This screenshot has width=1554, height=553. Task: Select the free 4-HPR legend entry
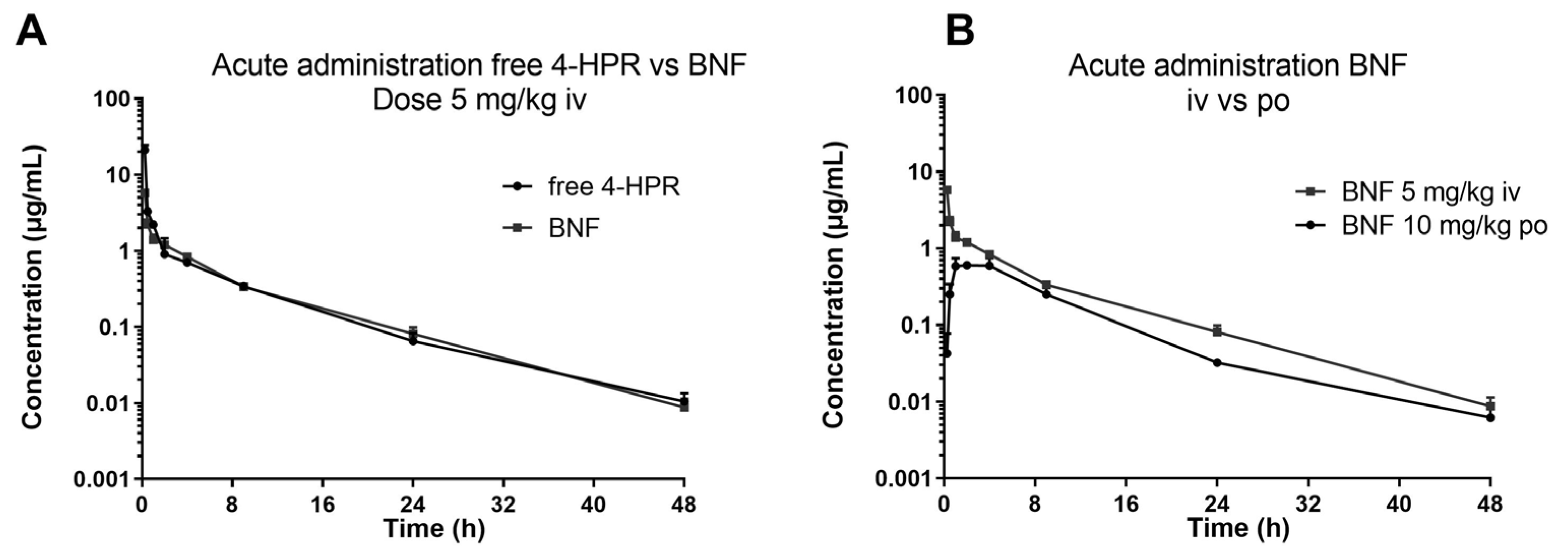tap(614, 187)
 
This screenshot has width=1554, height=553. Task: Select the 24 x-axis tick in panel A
tap(413, 504)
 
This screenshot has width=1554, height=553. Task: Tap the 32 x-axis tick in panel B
tap(1308, 504)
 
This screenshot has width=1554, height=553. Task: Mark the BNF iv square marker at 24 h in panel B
tap(1217, 330)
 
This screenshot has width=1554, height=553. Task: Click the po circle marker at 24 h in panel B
tap(1217, 363)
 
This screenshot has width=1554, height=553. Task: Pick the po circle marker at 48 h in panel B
tap(1490, 417)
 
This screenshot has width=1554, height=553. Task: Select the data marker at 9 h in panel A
tap(243, 286)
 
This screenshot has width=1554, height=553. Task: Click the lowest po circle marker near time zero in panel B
tap(947, 353)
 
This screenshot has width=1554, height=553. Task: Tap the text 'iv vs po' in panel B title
tap(1238, 101)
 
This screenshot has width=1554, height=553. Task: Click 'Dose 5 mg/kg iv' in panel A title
tap(479, 101)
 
